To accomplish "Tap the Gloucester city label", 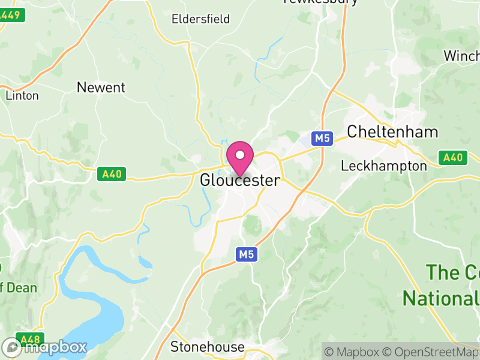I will click(239, 180).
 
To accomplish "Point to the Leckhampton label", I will click(383, 166).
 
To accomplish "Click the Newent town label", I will click(101, 88).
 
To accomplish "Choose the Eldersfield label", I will click(200, 19).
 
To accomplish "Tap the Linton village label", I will click(22, 95).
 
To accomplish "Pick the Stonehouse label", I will click(208, 347).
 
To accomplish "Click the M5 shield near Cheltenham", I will click(322, 139).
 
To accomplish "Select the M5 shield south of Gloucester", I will click(246, 254).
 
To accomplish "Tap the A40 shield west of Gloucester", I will click(112, 174).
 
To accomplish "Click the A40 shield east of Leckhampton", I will click(453, 158).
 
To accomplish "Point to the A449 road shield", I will click(12, 16).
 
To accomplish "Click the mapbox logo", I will click(45, 347).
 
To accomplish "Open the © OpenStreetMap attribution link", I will click(433, 352).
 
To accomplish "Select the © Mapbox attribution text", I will click(354, 352).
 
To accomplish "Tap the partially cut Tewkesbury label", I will click(320, 2).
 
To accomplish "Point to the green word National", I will click(441, 298).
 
